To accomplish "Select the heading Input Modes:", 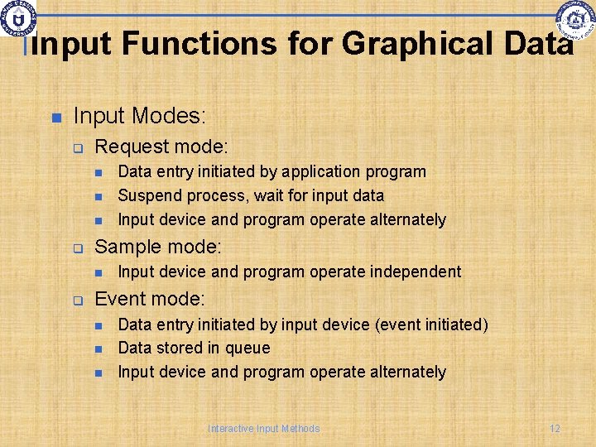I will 140,115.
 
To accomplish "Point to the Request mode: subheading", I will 161,147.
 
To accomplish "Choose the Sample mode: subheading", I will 158,247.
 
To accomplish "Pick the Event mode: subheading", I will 150,299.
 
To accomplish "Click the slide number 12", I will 555,428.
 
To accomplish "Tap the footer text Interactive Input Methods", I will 263,428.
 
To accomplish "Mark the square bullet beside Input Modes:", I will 56,117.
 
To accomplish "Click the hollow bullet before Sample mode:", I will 78,248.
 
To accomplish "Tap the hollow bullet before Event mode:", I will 78,300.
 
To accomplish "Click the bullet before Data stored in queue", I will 98,348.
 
